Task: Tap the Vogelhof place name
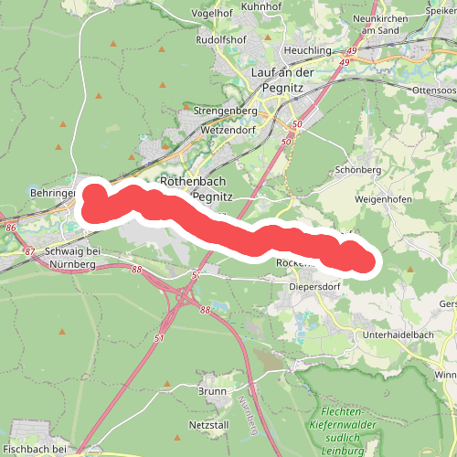pos(213,14)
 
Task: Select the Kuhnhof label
pos(262,6)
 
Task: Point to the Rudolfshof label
pos(221,40)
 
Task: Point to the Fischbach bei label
pos(35,449)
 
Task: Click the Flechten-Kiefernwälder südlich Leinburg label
pos(348,430)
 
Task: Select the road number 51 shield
pos(160,339)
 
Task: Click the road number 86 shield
pos(10,226)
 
